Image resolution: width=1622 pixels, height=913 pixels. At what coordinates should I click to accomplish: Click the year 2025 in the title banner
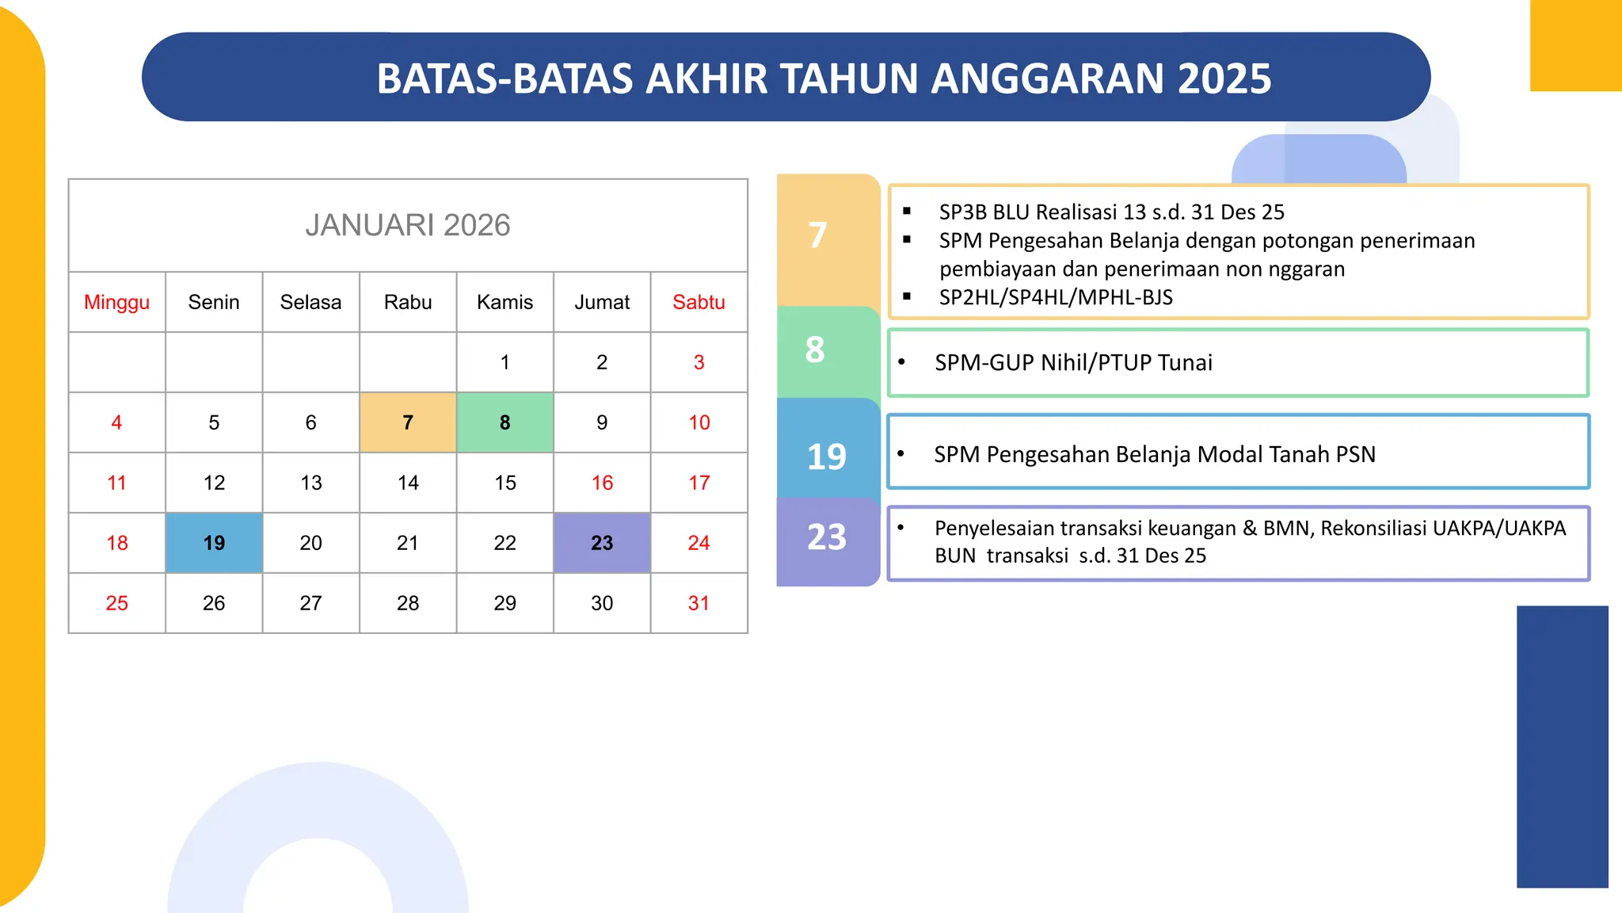[1224, 78]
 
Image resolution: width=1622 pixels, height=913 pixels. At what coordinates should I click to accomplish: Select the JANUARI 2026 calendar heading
[408, 225]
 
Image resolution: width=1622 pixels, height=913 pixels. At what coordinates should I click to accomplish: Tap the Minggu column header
[116, 302]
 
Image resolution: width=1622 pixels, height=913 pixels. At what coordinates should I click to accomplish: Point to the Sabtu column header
[699, 302]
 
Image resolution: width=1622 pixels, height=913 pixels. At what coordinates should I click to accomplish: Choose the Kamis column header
[504, 302]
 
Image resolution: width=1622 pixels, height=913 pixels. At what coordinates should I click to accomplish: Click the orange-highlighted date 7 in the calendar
[408, 422]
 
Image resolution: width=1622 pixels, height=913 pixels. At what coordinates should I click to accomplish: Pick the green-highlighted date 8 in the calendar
[504, 422]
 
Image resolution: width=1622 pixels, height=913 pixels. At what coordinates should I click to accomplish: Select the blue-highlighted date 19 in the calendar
[214, 543]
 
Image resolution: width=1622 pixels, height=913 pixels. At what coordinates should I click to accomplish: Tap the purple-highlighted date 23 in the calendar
[602, 543]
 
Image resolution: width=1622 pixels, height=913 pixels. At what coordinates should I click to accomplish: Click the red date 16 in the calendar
[602, 483]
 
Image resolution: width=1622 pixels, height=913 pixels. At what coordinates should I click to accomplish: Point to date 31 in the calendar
[699, 603]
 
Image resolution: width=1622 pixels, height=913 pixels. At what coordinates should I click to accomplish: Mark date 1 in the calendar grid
[504, 362]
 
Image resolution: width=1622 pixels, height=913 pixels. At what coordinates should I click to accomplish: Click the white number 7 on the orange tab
[817, 235]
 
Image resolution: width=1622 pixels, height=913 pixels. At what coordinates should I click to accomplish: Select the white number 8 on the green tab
[815, 350]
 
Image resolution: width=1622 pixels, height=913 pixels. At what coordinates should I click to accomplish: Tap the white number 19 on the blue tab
[826, 456]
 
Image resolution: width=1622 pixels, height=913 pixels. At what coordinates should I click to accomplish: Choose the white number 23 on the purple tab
[826, 537]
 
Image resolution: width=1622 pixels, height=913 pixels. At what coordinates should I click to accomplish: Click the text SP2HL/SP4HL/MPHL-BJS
[1056, 297]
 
